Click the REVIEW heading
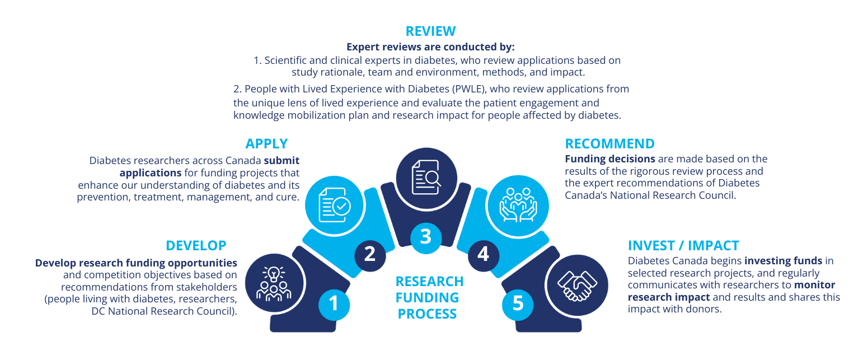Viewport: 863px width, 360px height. pyautogui.click(x=430, y=31)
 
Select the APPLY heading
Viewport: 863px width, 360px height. pyautogui.click(x=266, y=144)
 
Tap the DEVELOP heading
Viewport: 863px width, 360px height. pyautogui.click(x=196, y=246)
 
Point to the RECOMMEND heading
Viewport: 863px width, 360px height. pyautogui.click(x=610, y=144)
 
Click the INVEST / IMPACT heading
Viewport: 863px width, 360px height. pyautogui.click(x=683, y=246)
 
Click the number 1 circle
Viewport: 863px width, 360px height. pyautogui.click(x=334, y=305)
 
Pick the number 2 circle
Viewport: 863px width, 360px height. pyautogui.click(x=370, y=254)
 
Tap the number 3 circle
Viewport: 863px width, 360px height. pyautogui.click(x=426, y=237)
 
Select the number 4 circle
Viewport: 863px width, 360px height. pyautogui.click(x=484, y=255)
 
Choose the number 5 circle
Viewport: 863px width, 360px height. pyautogui.click(x=518, y=304)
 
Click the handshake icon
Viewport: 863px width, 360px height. pyautogui.click(x=577, y=286)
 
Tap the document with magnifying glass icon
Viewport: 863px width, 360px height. pyautogui.click(x=426, y=177)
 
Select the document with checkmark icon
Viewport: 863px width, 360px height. pyautogui.click(x=335, y=205)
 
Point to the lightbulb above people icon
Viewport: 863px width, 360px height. pyautogui.click(x=274, y=284)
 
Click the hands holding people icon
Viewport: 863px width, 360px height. pyautogui.click(x=518, y=205)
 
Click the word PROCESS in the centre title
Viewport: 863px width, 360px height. pyautogui.click(x=427, y=314)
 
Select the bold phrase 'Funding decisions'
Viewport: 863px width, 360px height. pyautogui.click(x=610, y=159)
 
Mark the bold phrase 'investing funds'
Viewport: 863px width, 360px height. pyautogui.click(x=784, y=261)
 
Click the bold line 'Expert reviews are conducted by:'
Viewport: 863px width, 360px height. pyautogui.click(x=430, y=47)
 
